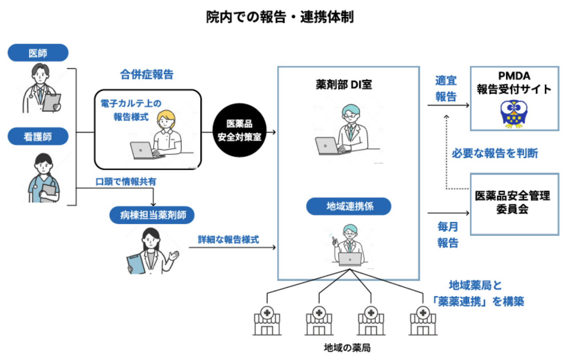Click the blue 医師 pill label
(38, 53)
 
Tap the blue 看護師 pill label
(38, 136)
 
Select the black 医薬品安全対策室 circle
(239, 130)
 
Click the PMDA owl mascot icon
(514, 114)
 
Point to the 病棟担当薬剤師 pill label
(152, 215)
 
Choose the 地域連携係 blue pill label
(348, 206)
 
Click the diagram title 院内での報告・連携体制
(280, 17)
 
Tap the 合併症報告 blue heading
(147, 75)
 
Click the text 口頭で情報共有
(126, 182)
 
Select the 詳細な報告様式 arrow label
(228, 239)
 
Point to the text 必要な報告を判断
(495, 153)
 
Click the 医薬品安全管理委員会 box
(514, 204)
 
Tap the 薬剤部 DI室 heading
(344, 85)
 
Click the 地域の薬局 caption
(347, 347)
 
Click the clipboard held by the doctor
(51, 102)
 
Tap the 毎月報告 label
(448, 235)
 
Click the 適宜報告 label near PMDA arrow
(446, 89)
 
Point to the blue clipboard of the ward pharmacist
(136, 264)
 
